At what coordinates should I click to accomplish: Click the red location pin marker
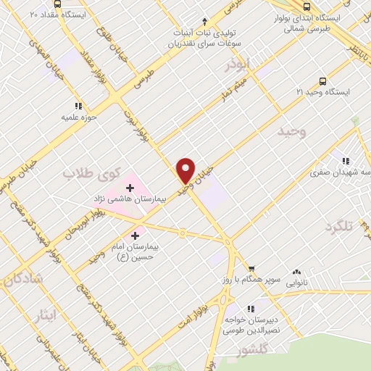click(186, 170)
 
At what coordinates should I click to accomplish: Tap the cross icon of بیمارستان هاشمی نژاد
click(130, 188)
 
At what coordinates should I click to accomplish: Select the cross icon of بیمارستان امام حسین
click(136, 235)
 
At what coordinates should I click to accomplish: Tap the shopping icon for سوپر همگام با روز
click(251, 268)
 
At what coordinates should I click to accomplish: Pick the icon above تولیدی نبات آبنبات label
click(204, 21)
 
